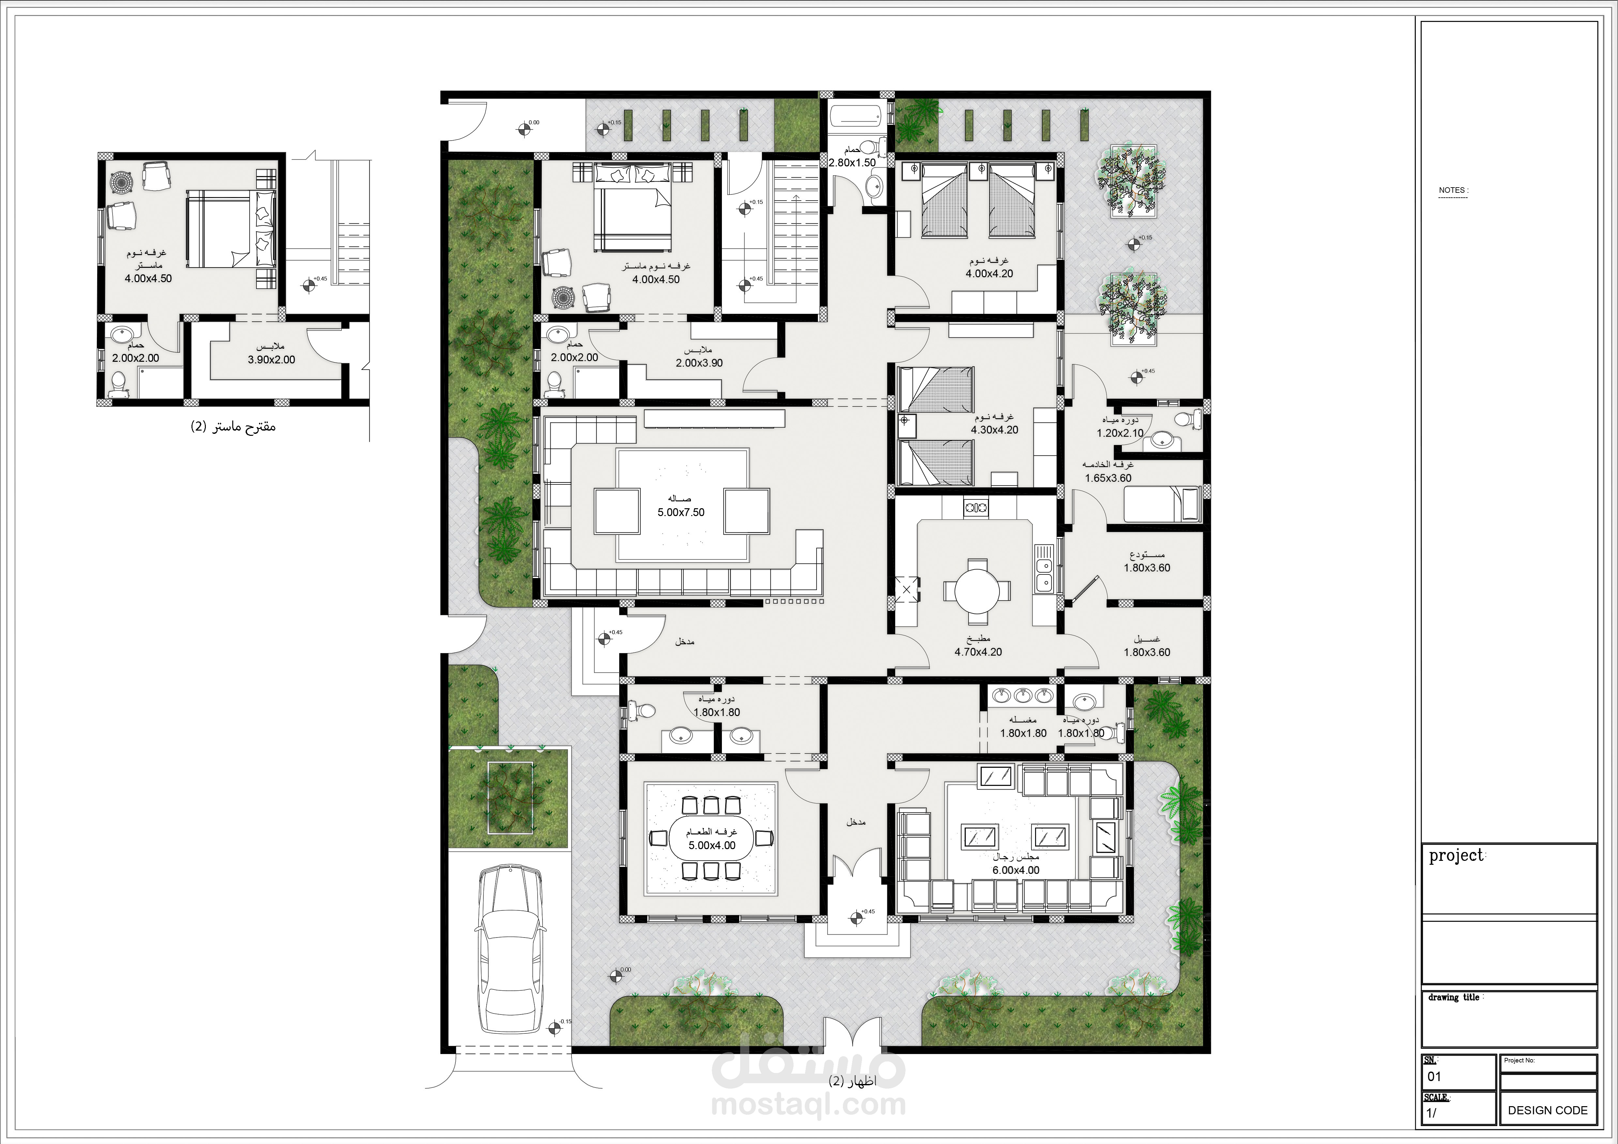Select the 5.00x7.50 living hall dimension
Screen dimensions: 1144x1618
[681, 512]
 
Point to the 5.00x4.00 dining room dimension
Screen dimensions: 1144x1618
[712, 845]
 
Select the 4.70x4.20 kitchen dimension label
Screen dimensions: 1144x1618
[978, 652]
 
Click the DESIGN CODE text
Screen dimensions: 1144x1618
[1548, 1110]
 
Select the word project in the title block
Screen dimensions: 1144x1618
[1456, 856]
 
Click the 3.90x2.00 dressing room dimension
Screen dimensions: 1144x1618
[271, 359]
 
